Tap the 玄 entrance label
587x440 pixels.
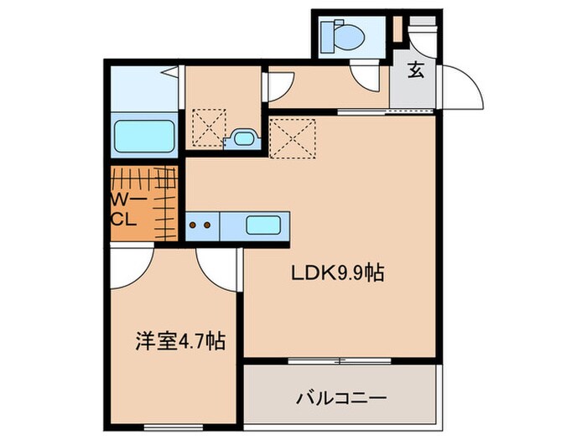[x=415, y=70]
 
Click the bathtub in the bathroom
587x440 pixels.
[x=143, y=137]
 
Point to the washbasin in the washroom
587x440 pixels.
[x=244, y=138]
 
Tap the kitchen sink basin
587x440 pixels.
[x=263, y=225]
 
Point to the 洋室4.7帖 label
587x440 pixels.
[x=180, y=342]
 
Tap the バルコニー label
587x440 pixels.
[x=339, y=397]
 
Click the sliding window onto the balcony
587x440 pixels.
[x=340, y=361]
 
